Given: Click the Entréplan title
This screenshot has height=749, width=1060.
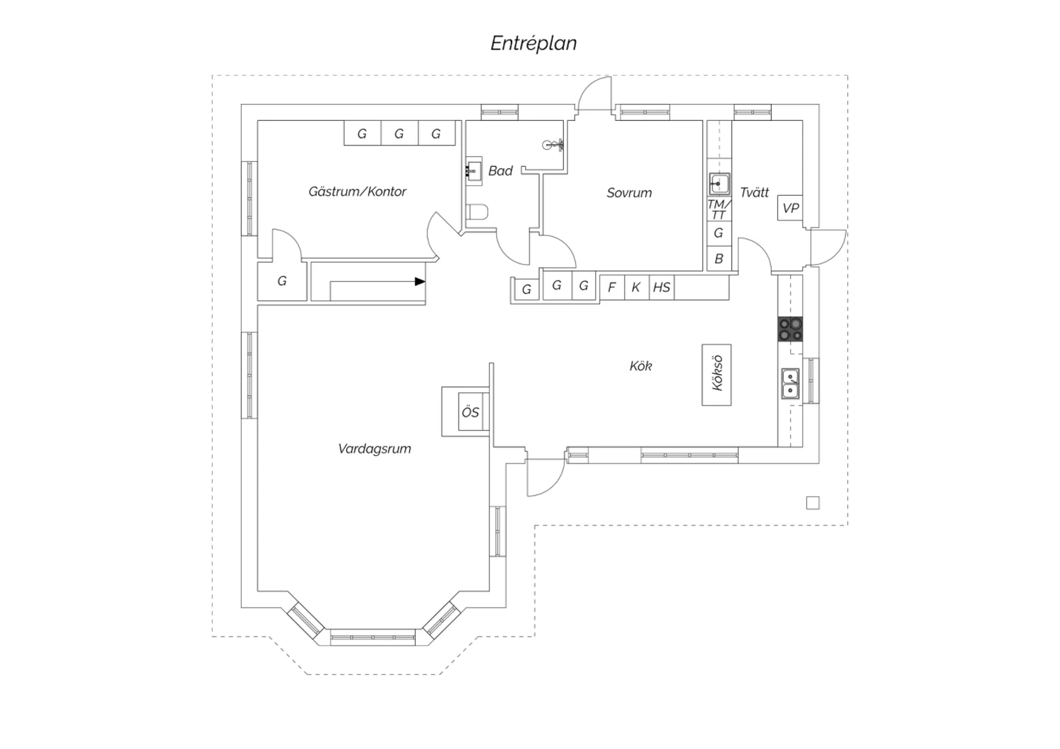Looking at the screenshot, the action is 534,44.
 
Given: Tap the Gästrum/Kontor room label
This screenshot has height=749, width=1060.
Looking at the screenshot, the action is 358,191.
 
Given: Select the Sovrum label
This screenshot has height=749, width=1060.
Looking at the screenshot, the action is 630,193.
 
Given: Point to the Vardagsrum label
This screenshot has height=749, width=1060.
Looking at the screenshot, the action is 375,449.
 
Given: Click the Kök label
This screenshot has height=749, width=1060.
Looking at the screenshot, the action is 641,366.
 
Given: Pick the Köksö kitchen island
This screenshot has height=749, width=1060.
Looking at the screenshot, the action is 717,374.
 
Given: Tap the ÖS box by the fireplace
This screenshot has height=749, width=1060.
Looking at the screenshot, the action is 471,412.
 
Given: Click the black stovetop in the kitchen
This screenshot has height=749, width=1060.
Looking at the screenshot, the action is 790,329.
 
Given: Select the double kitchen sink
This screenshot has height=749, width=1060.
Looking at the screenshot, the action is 790,384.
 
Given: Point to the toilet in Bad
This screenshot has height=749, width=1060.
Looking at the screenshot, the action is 476,212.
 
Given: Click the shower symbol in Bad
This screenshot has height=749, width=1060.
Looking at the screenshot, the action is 553,145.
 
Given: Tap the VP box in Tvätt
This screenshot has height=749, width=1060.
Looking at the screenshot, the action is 790,208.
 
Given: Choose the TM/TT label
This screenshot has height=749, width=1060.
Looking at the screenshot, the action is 719,210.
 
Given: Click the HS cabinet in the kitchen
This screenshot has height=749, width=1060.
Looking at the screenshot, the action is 661,287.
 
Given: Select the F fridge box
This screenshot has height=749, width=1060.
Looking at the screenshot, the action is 612,287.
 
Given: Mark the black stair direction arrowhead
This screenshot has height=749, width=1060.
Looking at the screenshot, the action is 420,281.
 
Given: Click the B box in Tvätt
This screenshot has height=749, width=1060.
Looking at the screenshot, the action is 719,259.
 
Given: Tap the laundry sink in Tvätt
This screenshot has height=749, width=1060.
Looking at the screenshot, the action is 719,184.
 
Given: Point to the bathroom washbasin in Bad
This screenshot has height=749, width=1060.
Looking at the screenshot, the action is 473,171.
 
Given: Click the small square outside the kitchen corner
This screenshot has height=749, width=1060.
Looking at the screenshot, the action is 813,503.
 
